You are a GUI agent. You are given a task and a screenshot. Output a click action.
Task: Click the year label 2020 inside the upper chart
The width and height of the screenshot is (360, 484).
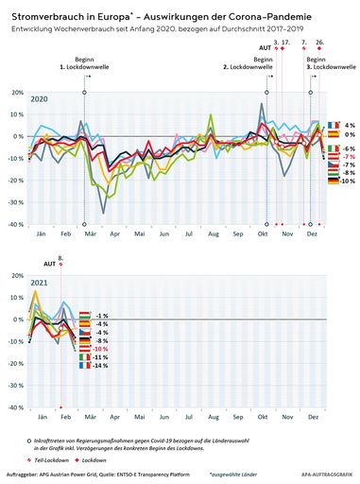tap(39, 99)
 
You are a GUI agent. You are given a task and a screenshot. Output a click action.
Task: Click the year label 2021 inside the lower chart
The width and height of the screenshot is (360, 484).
tap(39, 283)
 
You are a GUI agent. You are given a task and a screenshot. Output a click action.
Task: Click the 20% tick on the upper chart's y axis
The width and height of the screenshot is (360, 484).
tap(17, 93)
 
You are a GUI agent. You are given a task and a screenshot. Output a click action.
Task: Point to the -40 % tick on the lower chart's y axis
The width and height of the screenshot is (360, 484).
tap(16, 407)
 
